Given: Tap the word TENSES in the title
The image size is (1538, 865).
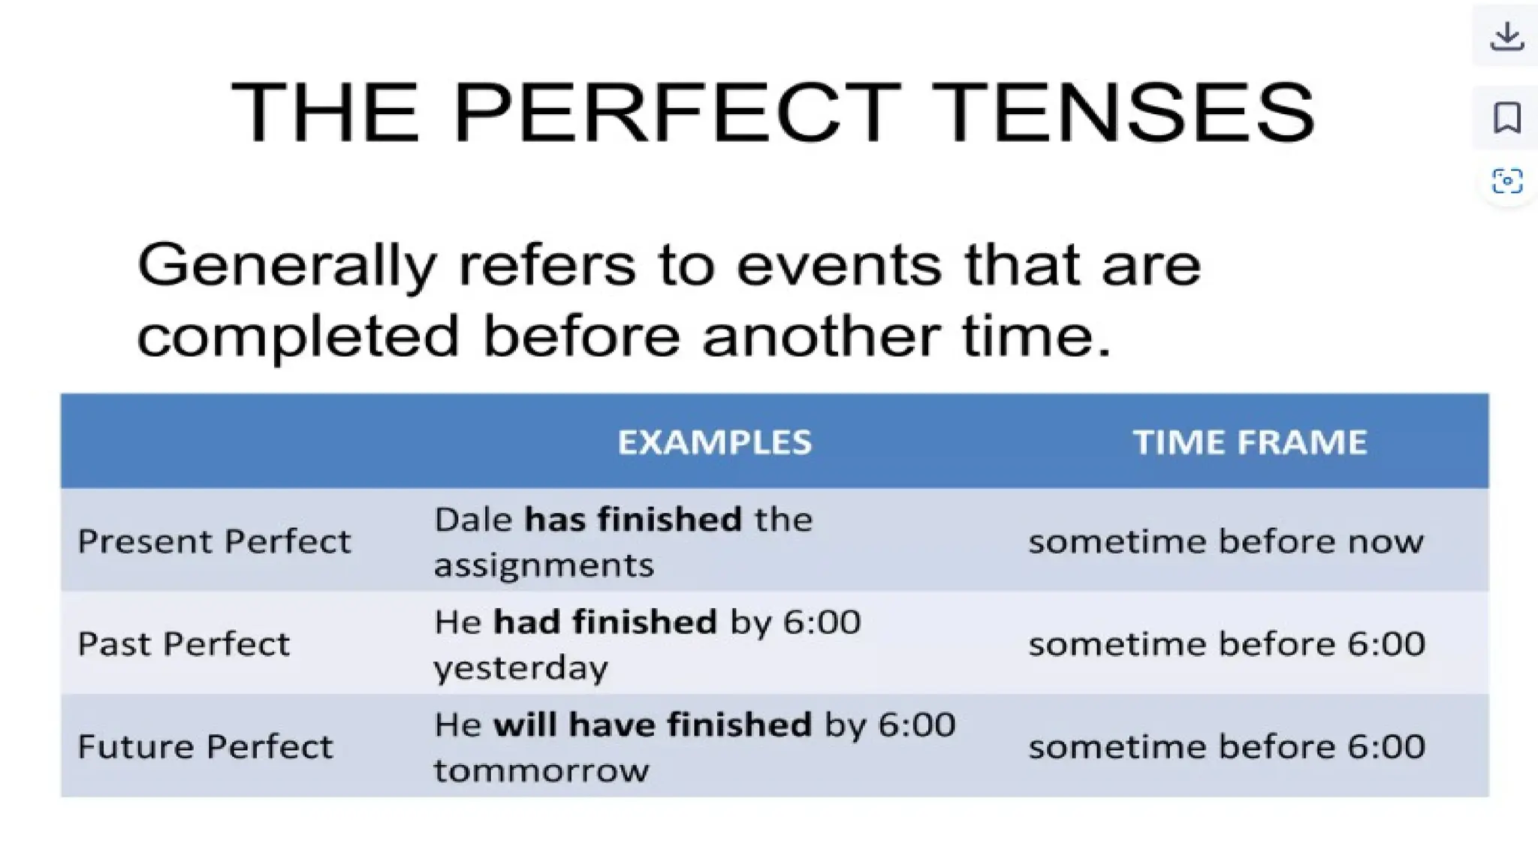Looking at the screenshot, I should pyautogui.click(x=1126, y=113).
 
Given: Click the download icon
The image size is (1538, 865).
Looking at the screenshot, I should pyautogui.click(x=1506, y=36).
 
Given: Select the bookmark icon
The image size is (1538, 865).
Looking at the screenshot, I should pyautogui.click(x=1506, y=118).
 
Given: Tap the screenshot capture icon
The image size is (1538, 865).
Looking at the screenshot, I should pyautogui.click(x=1506, y=181).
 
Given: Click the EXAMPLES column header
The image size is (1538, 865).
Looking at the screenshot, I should pyautogui.click(x=714, y=442).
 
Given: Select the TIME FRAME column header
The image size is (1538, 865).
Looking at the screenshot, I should pyautogui.click(x=1250, y=442).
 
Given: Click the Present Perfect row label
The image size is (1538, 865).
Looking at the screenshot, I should pyautogui.click(x=214, y=541).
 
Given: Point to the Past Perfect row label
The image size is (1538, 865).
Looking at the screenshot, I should pyautogui.click(x=183, y=644).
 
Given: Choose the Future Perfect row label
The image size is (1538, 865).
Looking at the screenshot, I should pyautogui.click(x=205, y=747).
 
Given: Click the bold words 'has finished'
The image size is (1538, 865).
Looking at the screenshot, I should pyautogui.click(x=633, y=520).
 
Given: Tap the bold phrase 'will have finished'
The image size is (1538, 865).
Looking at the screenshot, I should pyautogui.click(x=653, y=725).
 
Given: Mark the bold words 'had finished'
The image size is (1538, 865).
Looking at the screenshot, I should pyautogui.click(x=605, y=622).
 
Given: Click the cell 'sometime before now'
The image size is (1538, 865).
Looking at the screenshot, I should pyautogui.click(x=1226, y=541).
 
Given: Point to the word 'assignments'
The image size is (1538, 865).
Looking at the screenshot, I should pyautogui.click(x=544, y=565).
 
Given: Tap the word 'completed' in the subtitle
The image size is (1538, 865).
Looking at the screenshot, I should pyautogui.click(x=297, y=336).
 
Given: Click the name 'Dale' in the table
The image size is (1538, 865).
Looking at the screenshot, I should pyautogui.click(x=473, y=520).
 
